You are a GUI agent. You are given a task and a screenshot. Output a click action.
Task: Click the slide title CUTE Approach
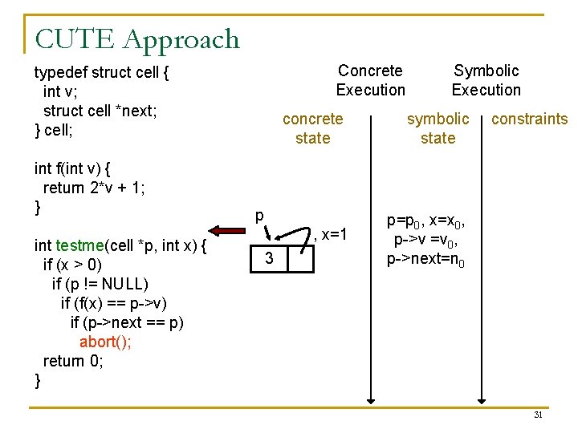[137, 38]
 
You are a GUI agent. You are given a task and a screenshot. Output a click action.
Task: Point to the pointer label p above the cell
[258, 216]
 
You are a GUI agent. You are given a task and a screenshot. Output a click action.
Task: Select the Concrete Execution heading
[370, 80]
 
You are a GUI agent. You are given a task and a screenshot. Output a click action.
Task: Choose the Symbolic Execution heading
[486, 80]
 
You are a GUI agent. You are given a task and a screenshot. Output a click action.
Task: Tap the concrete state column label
[312, 128]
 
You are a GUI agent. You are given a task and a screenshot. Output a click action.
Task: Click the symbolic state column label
[438, 128]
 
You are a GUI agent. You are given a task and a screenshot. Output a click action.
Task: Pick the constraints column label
[529, 119]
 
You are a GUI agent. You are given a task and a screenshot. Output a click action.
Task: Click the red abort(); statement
[106, 342]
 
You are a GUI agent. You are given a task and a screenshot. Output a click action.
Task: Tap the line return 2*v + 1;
[95, 188]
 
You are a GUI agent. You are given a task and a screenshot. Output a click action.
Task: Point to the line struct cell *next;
[100, 111]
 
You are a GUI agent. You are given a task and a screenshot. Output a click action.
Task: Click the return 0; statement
[72, 361]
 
